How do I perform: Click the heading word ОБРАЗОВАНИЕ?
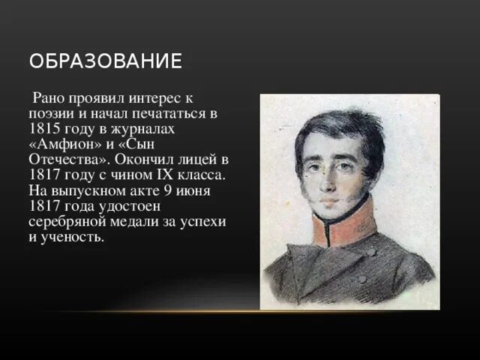pyautogui.click(x=106, y=61)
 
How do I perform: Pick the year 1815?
pyautogui.click(x=46, y=130)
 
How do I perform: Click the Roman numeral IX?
pyautogui.click(x=169, y=177)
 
